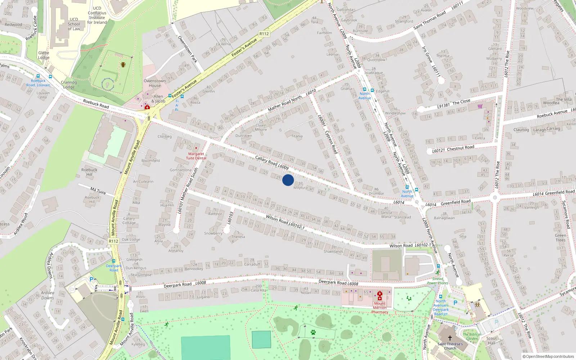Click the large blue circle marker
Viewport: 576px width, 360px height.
coord(288,180)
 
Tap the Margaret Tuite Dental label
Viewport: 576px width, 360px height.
coord(196,156)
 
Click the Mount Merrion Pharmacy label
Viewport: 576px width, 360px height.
coord(380,308)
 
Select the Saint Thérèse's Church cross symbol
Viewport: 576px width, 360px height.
coord(450,338)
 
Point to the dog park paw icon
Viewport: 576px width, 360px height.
coord(313,332)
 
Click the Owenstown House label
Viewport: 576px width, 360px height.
coord(155,83)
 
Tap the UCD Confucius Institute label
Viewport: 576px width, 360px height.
coord(97,15)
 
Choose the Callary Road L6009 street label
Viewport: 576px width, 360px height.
coord(272,163)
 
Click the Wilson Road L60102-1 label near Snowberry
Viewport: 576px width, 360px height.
coord(285,222)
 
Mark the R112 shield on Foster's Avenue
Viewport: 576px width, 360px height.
coord(264,34)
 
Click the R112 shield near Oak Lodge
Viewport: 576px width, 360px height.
coord(113,241)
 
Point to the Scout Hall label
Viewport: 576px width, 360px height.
coord(491,341)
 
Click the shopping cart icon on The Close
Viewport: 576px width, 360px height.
coord(480,106)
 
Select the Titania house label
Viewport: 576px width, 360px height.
coord(297,136)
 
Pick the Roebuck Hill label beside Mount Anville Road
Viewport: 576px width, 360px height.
coord(89,172)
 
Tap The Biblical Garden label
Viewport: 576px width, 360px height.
coord(472,336)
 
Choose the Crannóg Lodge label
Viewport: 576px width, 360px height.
coord(69,85)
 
